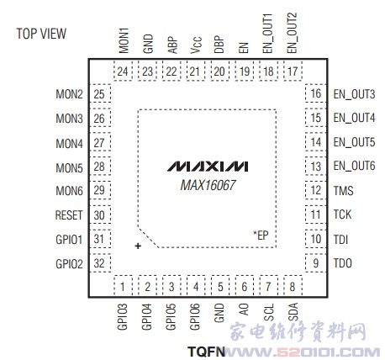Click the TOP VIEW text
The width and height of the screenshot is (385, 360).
(41, 34)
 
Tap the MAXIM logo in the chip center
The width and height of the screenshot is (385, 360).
(208, 167)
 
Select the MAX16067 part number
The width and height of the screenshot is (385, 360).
(208, 185)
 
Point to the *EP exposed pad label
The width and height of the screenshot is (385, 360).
(261, 236)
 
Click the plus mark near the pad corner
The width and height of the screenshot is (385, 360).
(138, 246)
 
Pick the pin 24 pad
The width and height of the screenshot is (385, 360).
(123, 71)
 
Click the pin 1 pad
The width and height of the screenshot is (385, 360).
(123, 286)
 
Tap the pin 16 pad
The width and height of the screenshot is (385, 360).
(316, 93)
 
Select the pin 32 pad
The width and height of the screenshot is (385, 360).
(100, 263)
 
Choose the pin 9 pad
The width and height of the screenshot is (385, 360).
(316, 263)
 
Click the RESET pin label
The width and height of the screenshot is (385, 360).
(69, 215)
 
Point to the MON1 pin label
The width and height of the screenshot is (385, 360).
(124, 40)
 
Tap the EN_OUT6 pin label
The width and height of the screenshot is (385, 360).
(354, 166)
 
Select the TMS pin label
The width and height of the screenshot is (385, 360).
(343, 191)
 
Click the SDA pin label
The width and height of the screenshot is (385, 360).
(293, 312)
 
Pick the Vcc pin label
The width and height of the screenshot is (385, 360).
(196, 45)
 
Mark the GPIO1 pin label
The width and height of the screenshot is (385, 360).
(69, 240)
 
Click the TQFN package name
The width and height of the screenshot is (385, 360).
(207, 352)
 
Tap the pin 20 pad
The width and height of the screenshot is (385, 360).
(219, 71)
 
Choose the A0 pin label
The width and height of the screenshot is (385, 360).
(244, 310)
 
